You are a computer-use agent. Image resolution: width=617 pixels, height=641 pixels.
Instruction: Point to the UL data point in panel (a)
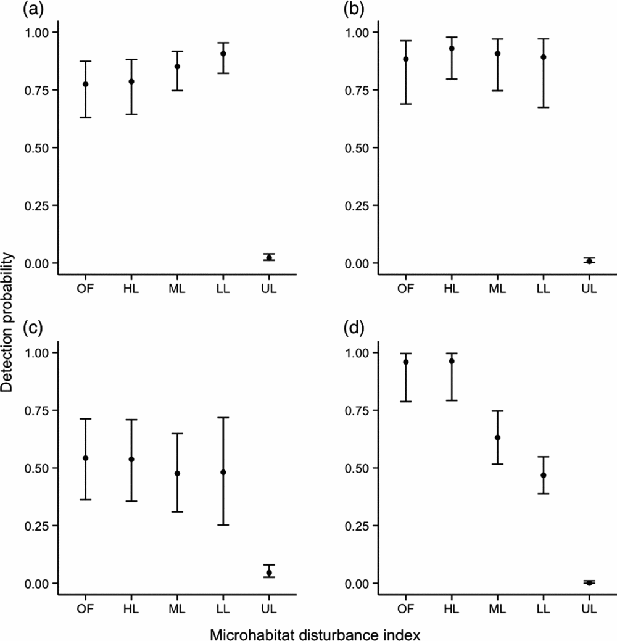tap(269, 257)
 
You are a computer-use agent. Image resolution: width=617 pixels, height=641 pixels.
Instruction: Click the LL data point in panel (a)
tap(223, 54)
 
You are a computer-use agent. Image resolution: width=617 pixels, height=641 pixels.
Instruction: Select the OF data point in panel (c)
tap(86, 458)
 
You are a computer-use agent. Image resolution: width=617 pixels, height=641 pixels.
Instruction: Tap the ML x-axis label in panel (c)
tap(177, 608)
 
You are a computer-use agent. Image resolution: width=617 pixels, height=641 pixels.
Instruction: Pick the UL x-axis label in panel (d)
tap(589, 608)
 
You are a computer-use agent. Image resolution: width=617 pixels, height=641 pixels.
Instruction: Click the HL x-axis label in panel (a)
tap(131, 287)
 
